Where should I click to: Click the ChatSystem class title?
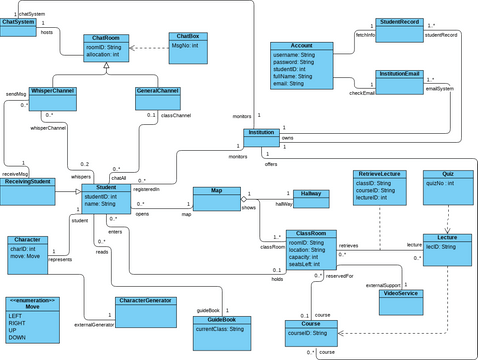click(x=19, y=22)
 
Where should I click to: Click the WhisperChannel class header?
click(x=52, y=91)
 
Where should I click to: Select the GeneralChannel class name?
click(x=158, y=91)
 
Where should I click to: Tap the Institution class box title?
click(x=262, y=132)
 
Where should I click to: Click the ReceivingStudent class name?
click(x=27, y=182)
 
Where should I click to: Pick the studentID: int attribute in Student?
click(x=103, y=197)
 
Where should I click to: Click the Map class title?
click(x=216, y=190)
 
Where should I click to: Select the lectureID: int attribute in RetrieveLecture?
click(x=373, y=198)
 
